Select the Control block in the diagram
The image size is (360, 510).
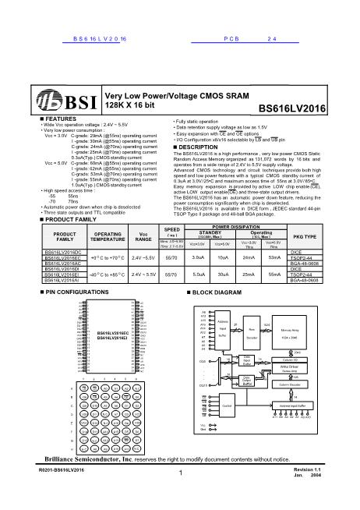pyautogui.click(x=227, y=406)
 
